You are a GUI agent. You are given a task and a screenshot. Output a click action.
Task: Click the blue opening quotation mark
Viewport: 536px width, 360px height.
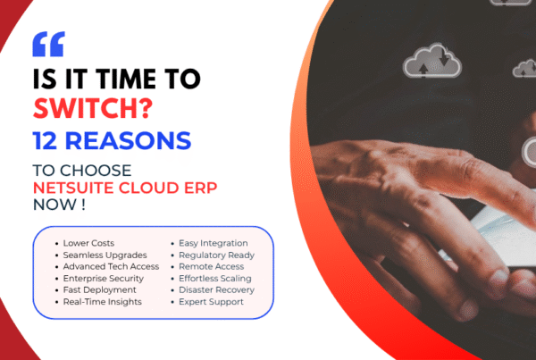tap(48, 44)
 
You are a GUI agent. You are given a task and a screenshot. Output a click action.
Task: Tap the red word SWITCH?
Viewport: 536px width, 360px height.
tap(93, 108)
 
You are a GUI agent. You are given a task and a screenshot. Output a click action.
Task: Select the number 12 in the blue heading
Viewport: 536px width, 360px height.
tap(45, 140)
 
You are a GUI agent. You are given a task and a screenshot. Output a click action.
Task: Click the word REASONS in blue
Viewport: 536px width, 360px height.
tap(128, 140)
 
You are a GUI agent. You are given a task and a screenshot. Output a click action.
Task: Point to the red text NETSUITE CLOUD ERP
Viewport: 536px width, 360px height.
tap(125, 188)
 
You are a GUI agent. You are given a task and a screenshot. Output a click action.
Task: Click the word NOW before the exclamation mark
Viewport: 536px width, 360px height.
tap(54, 205)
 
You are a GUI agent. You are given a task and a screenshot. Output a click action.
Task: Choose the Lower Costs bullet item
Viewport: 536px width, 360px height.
tap(88, 243)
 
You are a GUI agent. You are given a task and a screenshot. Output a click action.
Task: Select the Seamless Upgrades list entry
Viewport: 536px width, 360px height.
tap(105, 255)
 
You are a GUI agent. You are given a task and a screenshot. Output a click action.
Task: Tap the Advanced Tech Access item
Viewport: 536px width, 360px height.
tap(111, 266)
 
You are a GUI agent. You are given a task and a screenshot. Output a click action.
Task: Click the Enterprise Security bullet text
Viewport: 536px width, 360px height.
tap(104, 279)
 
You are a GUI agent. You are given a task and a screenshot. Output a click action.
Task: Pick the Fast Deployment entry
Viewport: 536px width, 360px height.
tap(99, 290)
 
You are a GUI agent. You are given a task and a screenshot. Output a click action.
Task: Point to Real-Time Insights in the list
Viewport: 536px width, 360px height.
tap(102, 302)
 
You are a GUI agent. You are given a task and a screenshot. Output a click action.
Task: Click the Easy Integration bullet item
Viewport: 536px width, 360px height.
tap(214, 243)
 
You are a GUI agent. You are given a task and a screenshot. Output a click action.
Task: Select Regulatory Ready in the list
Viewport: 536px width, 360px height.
tap(217, 255)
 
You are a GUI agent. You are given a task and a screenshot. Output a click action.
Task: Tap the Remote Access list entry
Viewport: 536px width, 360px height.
tap(211, 266)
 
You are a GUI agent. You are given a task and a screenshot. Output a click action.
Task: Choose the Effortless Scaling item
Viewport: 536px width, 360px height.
tap(215, 279)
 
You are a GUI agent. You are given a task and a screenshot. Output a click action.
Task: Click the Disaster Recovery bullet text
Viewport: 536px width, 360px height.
tap(217, 290)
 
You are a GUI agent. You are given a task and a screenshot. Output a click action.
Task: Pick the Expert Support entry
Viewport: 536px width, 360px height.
tap(211, 302)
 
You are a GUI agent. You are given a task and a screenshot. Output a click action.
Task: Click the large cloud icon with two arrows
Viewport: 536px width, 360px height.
tap(432, 61)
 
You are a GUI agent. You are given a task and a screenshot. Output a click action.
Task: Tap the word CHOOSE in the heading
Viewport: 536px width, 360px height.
tap(96, 171)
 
